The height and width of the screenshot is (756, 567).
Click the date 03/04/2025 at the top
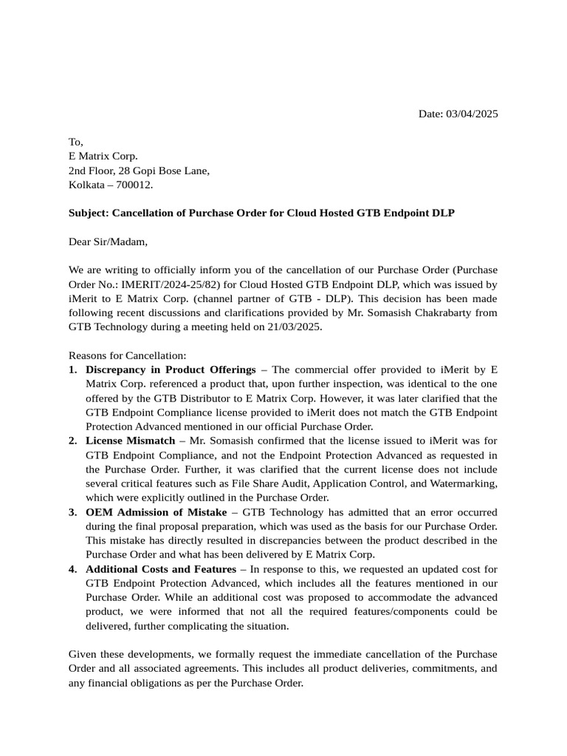coord(472,114)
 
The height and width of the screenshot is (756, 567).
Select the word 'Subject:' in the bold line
coord(88,213)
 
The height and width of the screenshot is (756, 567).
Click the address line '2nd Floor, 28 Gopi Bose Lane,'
coord(139,171)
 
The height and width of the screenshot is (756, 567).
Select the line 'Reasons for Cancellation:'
coord(128,355)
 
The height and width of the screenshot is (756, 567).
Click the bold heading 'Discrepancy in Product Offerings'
coord(171,370)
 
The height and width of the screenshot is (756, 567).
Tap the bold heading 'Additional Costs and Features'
coord(161,569)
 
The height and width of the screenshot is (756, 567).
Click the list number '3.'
coord(73,512)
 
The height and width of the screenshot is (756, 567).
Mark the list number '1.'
coord(73,370)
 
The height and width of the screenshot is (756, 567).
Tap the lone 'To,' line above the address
coord(76,142)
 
